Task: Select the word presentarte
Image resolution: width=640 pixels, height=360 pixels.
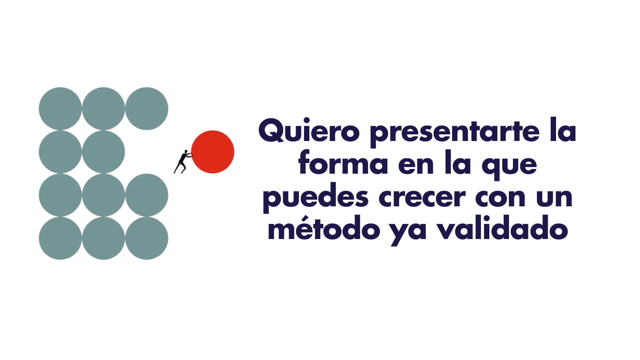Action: tap(454, 132)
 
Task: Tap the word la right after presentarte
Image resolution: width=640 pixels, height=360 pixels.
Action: tap(563, 131)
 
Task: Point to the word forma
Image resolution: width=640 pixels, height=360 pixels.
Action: tap(343, 163)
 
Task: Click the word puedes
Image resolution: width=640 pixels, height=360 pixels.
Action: tap(315, 198)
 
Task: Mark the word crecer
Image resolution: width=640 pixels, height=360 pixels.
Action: tap(422, 198)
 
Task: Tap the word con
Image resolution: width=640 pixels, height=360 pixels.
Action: tap(501, 198)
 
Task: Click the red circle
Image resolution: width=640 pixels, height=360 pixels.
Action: tap(213, 152)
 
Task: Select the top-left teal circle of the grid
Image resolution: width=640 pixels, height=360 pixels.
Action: tap(60, 109)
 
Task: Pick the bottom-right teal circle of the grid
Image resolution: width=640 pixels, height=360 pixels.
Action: tap(147, 238)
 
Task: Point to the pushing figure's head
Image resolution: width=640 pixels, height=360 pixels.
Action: tap(186, 152)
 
